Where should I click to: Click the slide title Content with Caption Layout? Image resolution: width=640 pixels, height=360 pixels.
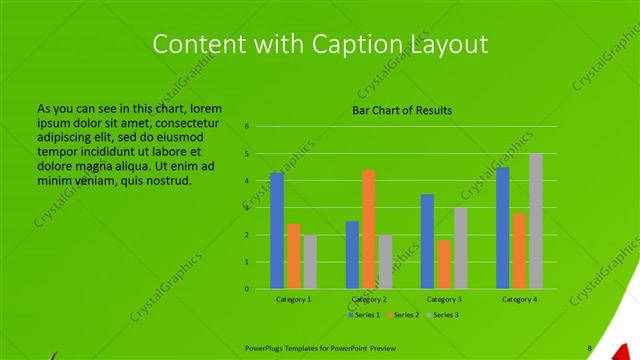coord(320,44)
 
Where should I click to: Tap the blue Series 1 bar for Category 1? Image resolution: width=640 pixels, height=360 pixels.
coord(277,230)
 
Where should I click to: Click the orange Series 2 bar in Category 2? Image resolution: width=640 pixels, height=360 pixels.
coord(369,229)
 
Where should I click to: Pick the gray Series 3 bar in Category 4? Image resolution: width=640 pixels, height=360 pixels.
coord(536,221)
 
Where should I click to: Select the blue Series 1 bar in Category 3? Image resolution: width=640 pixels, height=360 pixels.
coord(427,241)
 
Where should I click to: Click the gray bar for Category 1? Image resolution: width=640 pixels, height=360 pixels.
coord(310,262)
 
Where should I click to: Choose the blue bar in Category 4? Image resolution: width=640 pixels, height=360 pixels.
coord(503,227)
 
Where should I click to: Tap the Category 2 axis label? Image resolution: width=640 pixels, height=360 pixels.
coord(369,299)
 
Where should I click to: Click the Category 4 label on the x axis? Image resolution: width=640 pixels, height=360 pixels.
coord(519,299)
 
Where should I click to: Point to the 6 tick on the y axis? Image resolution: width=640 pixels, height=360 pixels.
coord(246,127)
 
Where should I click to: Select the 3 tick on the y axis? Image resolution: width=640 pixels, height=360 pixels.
coord(246,208)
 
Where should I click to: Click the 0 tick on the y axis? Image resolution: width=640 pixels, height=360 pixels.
coord(246,289)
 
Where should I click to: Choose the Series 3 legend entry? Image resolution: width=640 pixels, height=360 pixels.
coord(445,315)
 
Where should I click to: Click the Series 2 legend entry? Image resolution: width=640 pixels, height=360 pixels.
coord(403,315)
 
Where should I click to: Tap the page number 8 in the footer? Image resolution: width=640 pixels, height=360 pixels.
coord(589,348)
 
